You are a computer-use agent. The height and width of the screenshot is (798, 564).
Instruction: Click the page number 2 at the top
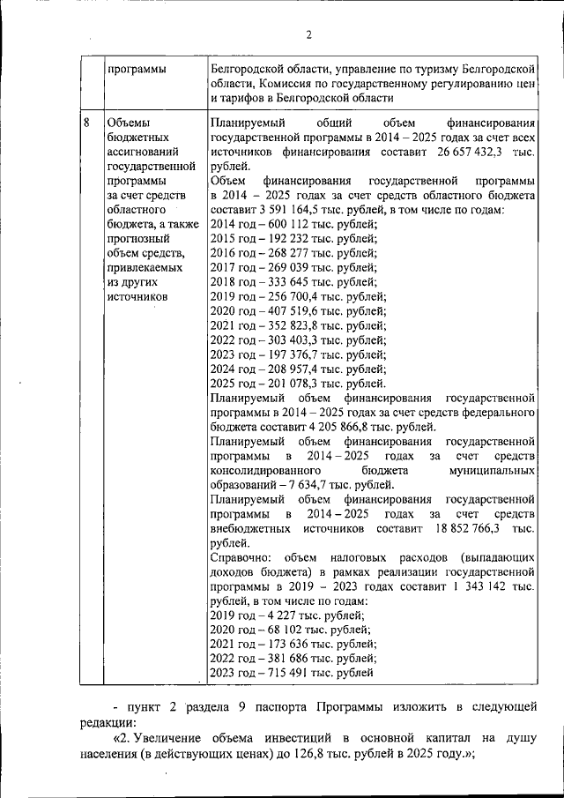pos(308,35)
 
